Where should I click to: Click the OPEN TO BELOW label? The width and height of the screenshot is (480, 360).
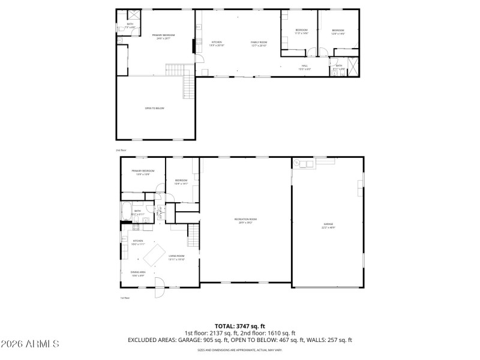[x=154, y=108]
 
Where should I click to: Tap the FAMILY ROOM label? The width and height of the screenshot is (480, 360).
[x=259, y=43]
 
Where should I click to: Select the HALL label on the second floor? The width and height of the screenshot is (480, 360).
[x=304, y=66]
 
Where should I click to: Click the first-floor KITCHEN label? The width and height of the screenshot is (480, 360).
[x=138, y=242]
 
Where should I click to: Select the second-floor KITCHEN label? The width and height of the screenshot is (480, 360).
[x=216, y=43]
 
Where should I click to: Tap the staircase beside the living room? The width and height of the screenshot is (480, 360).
[x=193, y=230]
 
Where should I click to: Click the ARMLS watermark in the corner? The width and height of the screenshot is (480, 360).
[x=30, y=344]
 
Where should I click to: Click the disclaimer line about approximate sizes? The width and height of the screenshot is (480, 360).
[x=240, y=349]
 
